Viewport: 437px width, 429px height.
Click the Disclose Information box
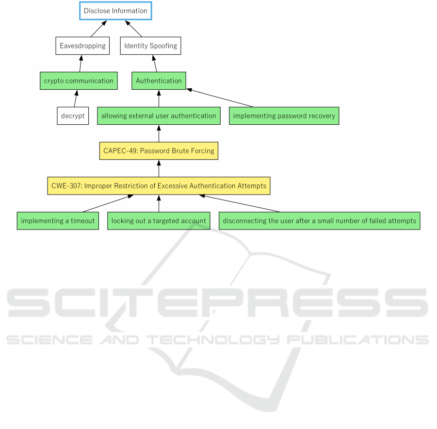(x=115, y=11)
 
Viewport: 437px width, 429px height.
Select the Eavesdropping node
(x=82, y=46)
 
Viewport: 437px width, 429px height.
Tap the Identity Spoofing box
(x=150, y=46)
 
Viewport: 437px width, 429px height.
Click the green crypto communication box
(x=79, y=81)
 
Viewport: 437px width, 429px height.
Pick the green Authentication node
(x=159, y=81)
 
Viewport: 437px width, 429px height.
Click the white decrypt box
(x=73, y=116)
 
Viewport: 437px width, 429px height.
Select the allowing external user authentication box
(x=159, y=116)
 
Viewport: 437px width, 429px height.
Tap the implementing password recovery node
(x=284, y=116)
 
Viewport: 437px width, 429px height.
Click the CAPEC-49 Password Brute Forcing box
(x=159, y=151)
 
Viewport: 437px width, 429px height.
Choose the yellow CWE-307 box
(x=159, y=186)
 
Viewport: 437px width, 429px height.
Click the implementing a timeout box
(x=58, y=221)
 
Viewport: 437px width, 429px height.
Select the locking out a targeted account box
(x=159, y=221)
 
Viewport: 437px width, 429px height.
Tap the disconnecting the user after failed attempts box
(x=320, y=221)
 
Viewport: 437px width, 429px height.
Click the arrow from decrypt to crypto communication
(x=76, y=99)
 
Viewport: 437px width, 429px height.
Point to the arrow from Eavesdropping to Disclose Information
(x=98, y=29)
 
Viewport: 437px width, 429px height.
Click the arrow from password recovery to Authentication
(x=220, y=98)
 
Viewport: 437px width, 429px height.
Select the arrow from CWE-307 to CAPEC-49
(x=159, y=168)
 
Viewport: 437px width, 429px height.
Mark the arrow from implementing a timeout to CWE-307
(x=108, y=204)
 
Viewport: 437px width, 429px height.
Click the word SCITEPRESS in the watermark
(x=217, y=303)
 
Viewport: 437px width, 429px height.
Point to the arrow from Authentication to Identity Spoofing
(x=155, y=63)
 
